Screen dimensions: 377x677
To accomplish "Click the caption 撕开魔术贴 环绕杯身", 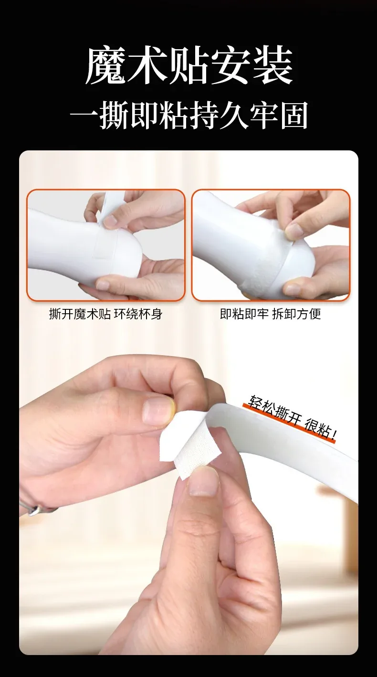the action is click(x=106, y=314).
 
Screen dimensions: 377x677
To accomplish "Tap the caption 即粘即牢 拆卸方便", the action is click(x=271, y=314).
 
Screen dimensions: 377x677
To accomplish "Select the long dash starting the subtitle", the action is click(x=84, y=116).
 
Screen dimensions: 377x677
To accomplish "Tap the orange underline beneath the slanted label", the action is click(x=289, y=423).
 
